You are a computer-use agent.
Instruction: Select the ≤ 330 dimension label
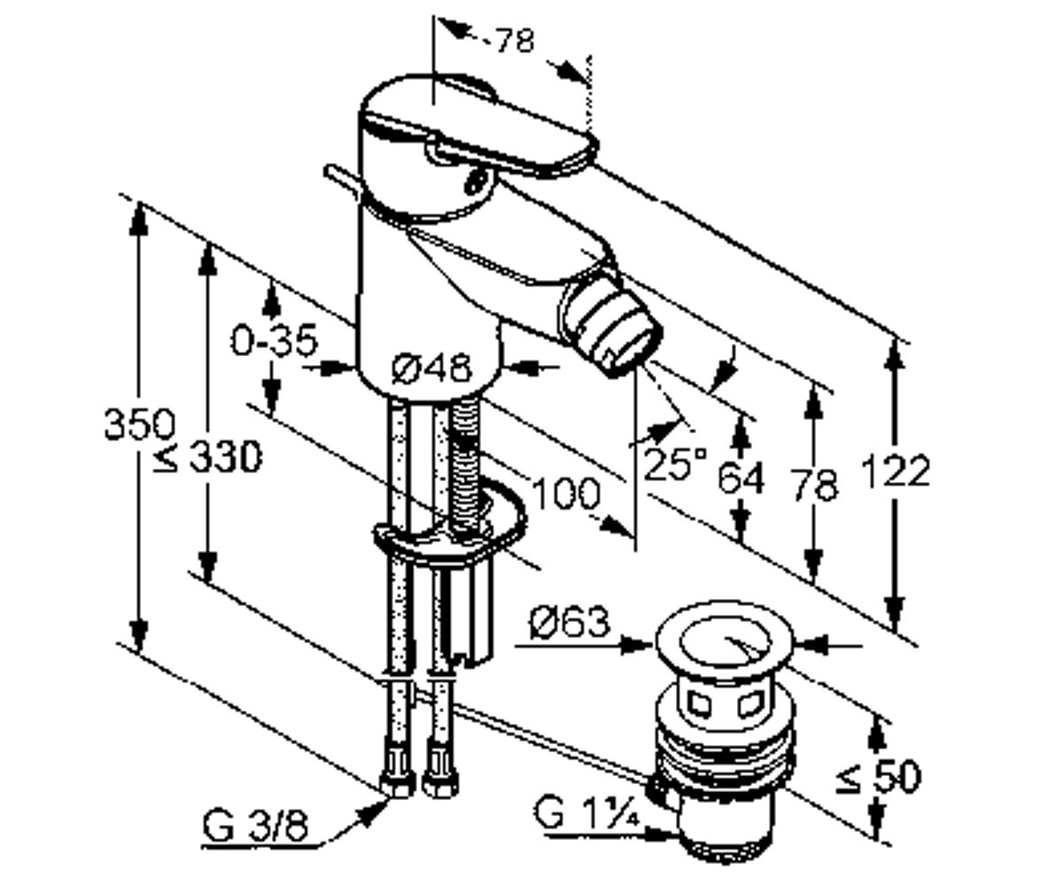207,457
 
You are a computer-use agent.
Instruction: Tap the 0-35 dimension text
275,340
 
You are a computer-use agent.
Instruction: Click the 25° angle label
675,462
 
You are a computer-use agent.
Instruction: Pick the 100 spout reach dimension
564,493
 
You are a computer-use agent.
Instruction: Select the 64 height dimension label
741,478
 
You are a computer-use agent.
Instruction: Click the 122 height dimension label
896,472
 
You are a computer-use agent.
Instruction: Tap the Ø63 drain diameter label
570,621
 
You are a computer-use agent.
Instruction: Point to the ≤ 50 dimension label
878,776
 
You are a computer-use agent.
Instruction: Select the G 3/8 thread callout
256,827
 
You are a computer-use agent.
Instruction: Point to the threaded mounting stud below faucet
466,469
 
